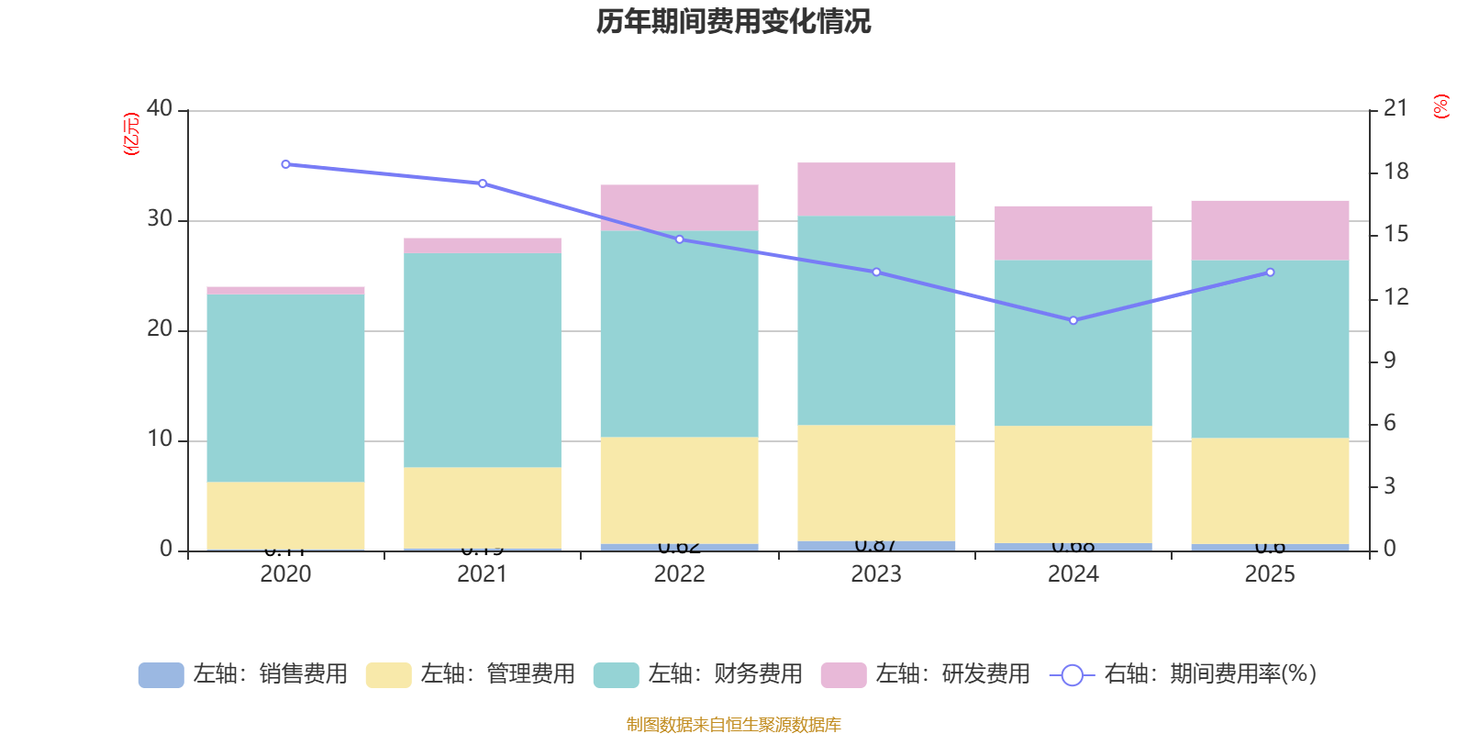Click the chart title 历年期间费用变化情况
733,21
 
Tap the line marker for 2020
285,164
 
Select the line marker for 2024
1073,320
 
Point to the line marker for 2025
1270,272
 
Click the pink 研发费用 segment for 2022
679,207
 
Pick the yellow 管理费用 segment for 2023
876,483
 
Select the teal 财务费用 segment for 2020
285,388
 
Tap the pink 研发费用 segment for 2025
1270,230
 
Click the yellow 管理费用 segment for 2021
483,507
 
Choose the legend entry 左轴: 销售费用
243,674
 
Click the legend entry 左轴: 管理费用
471,674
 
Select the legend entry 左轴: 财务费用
698,674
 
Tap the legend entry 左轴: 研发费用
926,674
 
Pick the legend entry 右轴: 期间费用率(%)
1184,674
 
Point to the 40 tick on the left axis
160,109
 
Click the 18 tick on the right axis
1396,172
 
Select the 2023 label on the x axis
876,574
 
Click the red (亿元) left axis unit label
131,134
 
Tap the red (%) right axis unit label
1440,106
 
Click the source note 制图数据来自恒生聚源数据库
733,725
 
